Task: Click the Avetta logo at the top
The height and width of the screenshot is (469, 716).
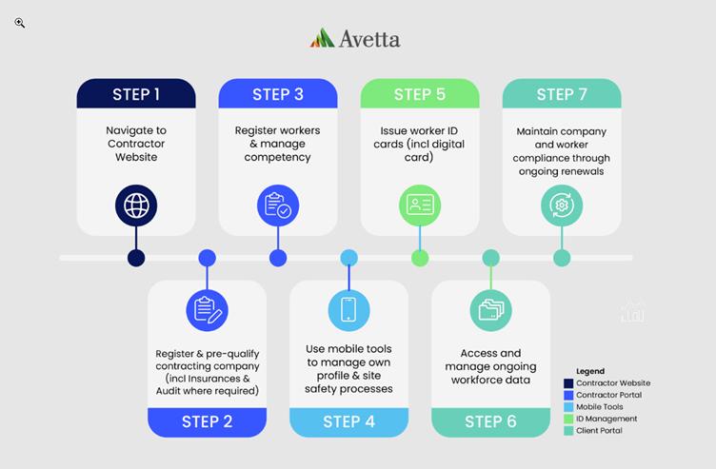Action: click(355, 38)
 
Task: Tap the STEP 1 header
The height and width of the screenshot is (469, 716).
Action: click(136, 94)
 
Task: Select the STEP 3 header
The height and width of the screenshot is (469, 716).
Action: click(278, 94)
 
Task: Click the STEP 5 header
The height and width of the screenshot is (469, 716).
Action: click(420, 94)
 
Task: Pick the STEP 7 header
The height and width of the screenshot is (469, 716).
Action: click(562, 94)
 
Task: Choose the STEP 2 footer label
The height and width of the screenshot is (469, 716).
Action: click(207, 421)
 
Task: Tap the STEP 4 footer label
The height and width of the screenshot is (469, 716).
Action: click(348, 421)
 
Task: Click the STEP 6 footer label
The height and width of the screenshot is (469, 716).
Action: click(490, 421)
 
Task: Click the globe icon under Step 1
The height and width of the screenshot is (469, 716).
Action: click(136, 205)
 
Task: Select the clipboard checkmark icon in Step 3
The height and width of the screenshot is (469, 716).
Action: click(278, 205)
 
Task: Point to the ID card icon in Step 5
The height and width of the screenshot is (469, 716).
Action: click(420, 205)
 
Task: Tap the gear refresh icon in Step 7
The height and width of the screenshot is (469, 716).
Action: click(562, 205)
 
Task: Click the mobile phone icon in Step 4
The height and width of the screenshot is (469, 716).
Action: click(348, 310)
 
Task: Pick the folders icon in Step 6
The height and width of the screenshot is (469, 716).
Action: click(490, 310)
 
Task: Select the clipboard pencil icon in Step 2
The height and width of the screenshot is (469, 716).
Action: click(207, 310)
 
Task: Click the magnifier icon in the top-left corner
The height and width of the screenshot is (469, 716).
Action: click(19, 23)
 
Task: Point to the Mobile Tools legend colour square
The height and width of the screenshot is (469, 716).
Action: click(581, 407)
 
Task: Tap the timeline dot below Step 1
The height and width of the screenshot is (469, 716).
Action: click(136, 258)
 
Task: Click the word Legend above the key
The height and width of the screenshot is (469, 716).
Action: click(590, 371)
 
